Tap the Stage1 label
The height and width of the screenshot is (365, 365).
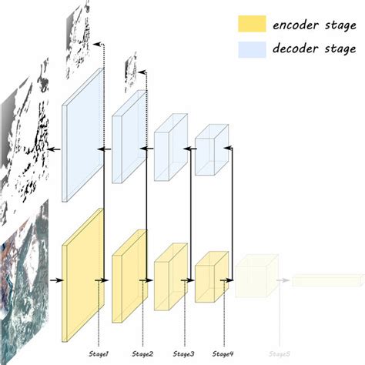pos(99,353)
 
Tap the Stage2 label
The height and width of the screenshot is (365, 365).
pos(142,353)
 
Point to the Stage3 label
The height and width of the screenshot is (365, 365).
pos(184,353)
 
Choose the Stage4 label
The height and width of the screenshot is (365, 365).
pos(223,353)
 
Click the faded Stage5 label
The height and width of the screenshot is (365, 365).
pos(278,353)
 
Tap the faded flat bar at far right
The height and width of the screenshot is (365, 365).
pos(323,280)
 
